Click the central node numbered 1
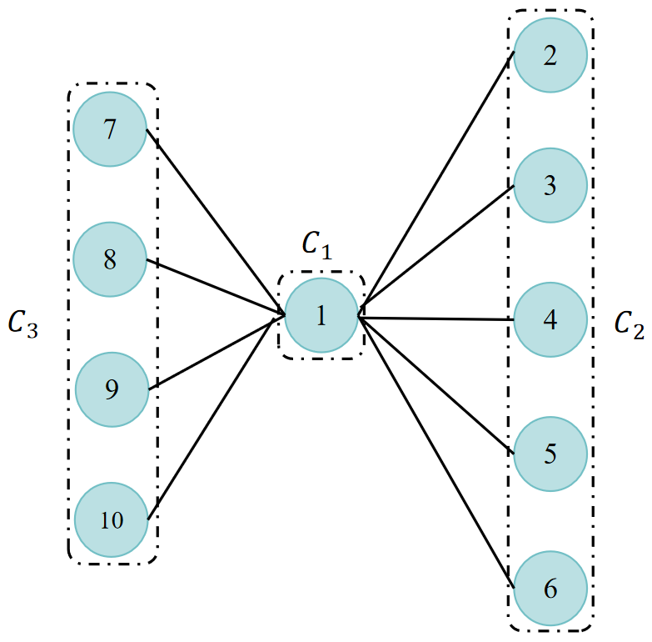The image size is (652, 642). tap(321, 315)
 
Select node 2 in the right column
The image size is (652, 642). tap(550, 56)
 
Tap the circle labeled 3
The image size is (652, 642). tap(550, 185)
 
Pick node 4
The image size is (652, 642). tap(550, 320)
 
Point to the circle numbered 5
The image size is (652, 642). tap(550, 454)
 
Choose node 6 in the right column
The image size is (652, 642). tap(550, 589)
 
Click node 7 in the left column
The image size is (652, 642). tap(110, 129)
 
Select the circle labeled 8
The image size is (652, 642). tap(110, 259)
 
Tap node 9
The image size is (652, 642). tap(112, 389)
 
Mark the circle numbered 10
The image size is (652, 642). tap(112, 520)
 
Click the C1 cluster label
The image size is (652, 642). tap(316, 244)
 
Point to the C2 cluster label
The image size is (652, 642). tap(629, 324)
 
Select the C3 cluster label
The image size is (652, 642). tap(23, 324)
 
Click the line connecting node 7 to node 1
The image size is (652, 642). tap(215, 221)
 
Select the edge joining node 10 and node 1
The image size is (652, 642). tap(215, 419)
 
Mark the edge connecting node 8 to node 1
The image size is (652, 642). tap(215, 288)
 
